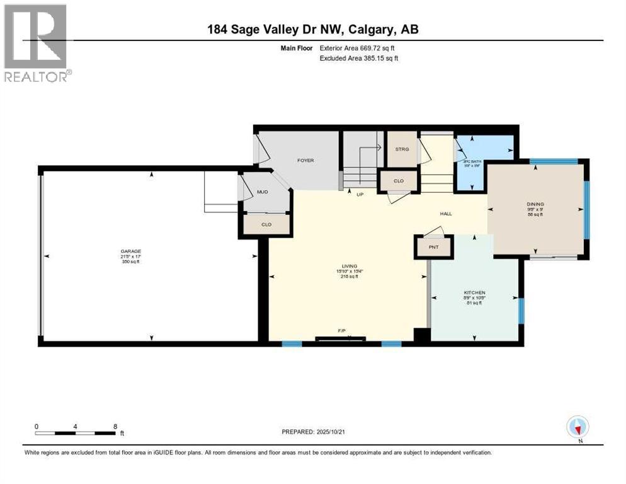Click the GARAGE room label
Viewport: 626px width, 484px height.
pos(131,251)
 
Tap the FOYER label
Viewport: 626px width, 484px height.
pos(305,160)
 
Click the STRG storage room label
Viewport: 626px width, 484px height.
pos(402,149)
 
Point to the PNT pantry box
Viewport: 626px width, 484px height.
pos(433,247)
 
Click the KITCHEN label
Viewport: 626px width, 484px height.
pos(474,292)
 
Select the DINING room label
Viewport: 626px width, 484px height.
pos(535,204)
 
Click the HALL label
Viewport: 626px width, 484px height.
pos(446,214)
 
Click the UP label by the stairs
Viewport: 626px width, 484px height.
pos(360,194)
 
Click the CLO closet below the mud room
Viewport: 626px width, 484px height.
pos(266,224)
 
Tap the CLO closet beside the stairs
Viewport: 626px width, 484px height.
pos(398,181)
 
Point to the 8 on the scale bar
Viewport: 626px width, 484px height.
pos(115,426)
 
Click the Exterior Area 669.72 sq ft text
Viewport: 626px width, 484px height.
pos(360,48)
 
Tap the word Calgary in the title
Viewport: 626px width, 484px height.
pos(367,29)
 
